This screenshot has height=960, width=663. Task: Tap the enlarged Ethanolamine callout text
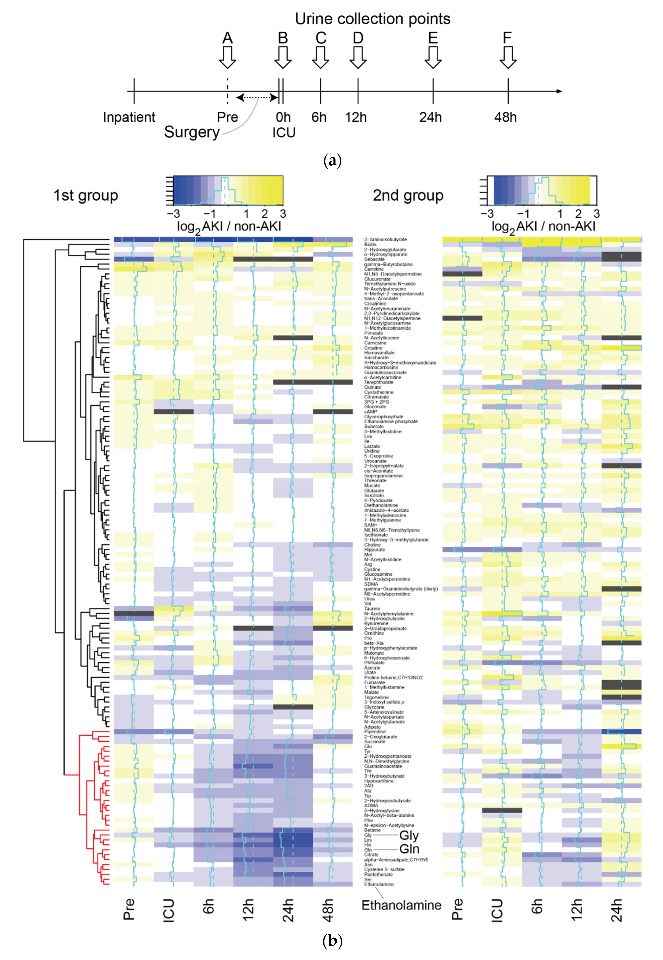[x=401, y=905]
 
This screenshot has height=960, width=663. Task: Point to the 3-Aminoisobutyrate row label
[x=386, y=240]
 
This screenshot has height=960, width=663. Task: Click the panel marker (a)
[x=332, y=160]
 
